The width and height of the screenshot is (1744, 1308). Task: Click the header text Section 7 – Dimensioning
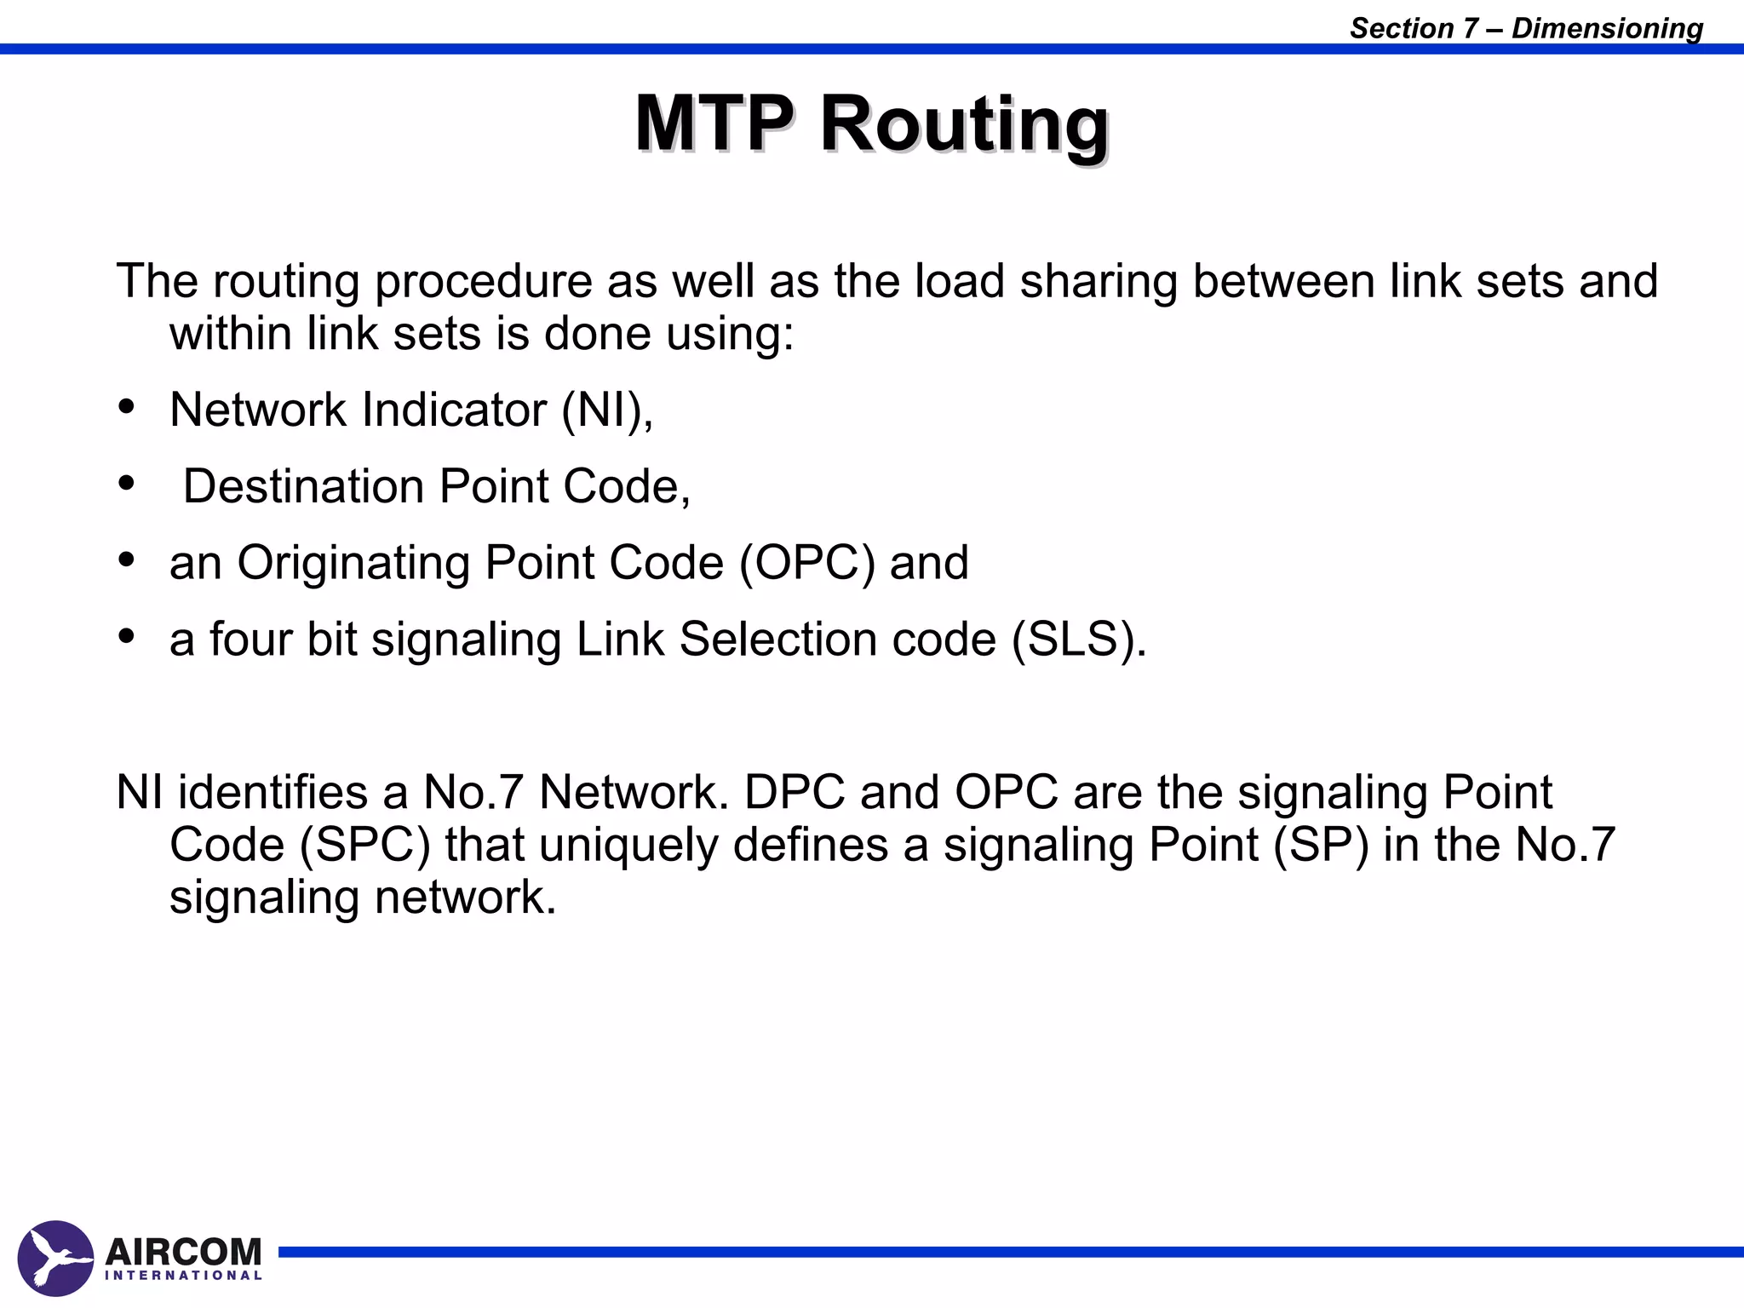tap(1526, 28)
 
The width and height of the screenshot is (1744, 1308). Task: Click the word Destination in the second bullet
tap(304, 486)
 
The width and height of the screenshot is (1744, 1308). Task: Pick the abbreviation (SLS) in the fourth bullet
tap(1079, 639)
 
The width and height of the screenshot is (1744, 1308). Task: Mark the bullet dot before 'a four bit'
tap(127, 637)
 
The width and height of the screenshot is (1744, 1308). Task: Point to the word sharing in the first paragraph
tap(1098, 282)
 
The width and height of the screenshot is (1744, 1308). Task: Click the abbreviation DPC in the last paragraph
tap(795, 793)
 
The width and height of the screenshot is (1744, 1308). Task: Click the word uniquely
tap(628, 846)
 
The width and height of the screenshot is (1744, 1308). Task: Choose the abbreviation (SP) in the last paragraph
tap(1321, 845)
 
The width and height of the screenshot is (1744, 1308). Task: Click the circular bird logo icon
tap(55, 1259)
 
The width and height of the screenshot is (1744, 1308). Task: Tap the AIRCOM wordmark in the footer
tap(183, 1252)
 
